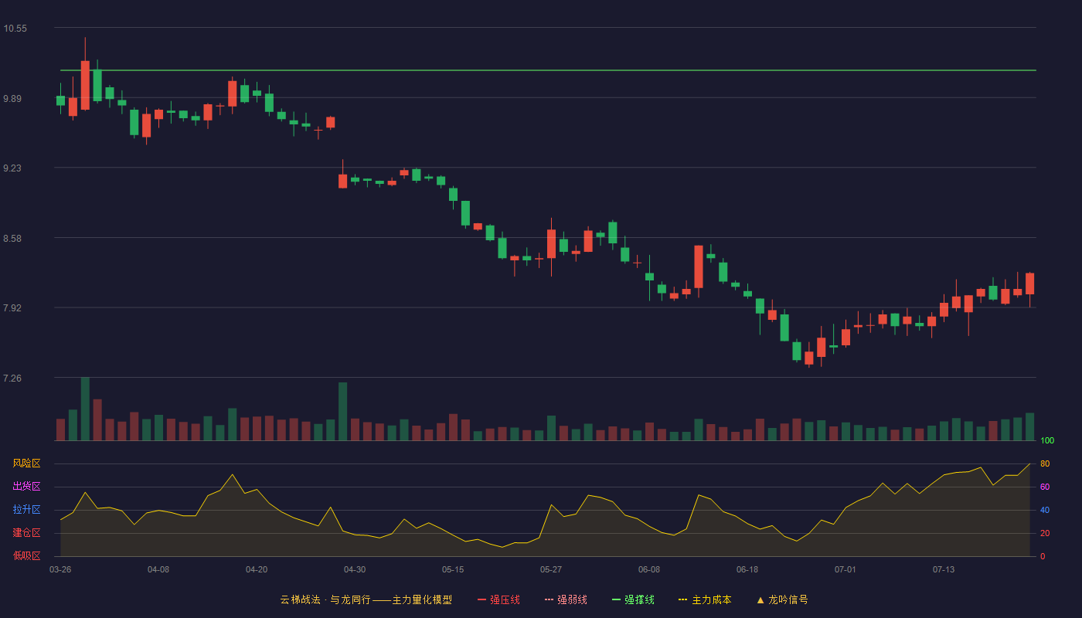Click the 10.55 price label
click(x=15, y=29)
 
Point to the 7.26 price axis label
click(x=12, y=378)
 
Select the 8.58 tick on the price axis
click(x=12, y=239)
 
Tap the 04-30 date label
click(x=355, y=570)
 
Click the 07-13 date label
click(x=944, y=570)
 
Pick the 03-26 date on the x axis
click(x=60, y=570)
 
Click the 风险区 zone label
click(x=26, y=463)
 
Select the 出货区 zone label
click(x=26, y=486)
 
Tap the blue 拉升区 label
click(x=26, y=509)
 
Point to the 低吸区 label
click(x=26, y=555)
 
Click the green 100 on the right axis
click(x=1047, y=440)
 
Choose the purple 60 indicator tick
click(x=1045, y=487)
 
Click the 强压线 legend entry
click(x=498, y=599)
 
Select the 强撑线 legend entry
click(x=633, y=599)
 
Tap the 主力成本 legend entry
click(x=705, y=599)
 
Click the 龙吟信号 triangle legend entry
click(x=782, y=599)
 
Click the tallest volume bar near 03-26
click(x=85, y=409)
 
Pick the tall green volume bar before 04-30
click(x=343, y=411)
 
